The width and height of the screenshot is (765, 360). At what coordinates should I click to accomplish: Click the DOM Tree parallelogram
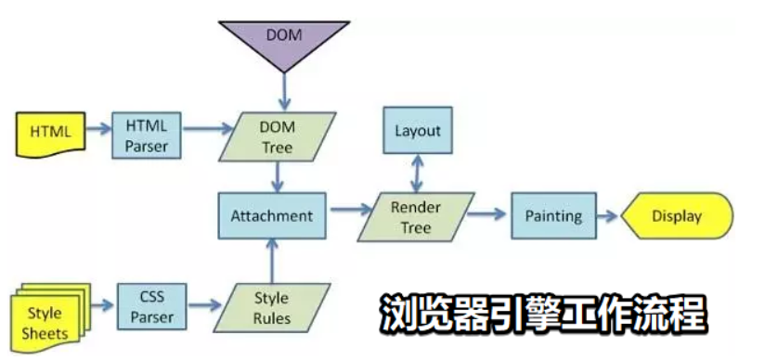click(276, 135)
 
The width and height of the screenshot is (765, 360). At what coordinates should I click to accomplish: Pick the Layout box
click(417, 132)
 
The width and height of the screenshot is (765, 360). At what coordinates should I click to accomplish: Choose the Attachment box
click(273, 215)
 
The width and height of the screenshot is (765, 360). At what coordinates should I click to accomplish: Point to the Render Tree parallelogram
click(417, 216)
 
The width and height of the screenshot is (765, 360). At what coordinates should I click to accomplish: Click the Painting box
click(553, 216)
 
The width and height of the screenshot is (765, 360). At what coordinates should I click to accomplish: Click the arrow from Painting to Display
click(607, 216)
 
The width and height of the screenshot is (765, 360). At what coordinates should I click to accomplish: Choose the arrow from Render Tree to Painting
click(486, 214)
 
